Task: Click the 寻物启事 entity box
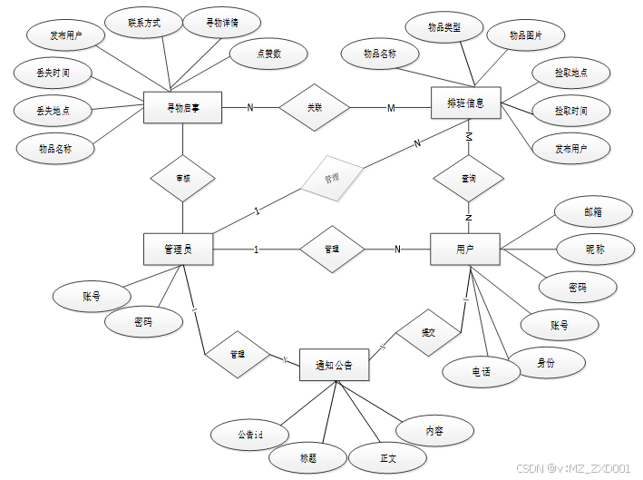pyautogui.click(x=183, y=108)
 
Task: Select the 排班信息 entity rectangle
pyautogui.click(x=465, y=103)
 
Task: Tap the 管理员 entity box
pyautogui.click(x=178, y=250)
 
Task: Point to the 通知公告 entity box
pyautogui.click(x=334, y=366)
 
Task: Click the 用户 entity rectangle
pyautogui.click(x=464, y=249)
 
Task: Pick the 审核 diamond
pyautogui.click(x=183, y=179)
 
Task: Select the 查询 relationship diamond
pyautogui.click(x=469, y=180)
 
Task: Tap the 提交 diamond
pyautogui.click(x=427, y=333)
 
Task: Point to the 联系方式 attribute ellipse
pyautogui.click(x=144, y=22)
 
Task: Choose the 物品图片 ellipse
pyautogui.click(x=526, y=35)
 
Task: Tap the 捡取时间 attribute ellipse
pyautogui.click(x=570, y=111)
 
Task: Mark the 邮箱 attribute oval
pyautogui.click(x=592, y=211)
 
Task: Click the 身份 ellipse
pyautogui.click(x=545, y=363)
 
